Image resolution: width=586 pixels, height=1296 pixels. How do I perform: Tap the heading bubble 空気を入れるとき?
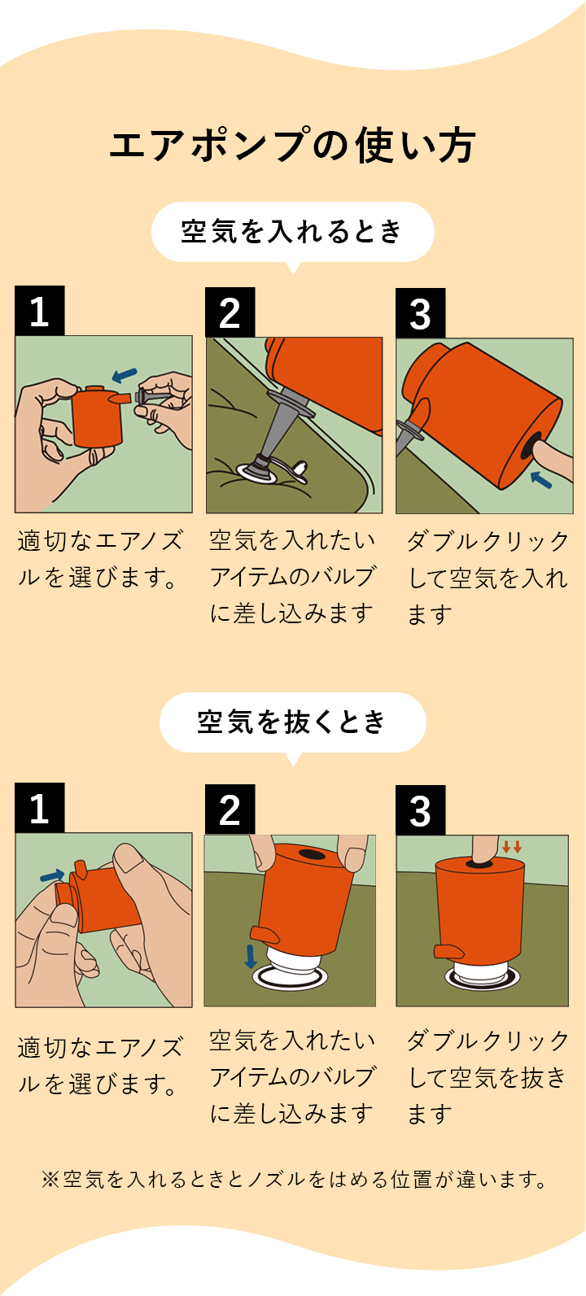tap(292, 232)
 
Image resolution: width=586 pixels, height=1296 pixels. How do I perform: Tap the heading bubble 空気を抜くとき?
tap(292, 722)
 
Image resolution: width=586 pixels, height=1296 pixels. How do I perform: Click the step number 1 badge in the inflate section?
tap(39, 312)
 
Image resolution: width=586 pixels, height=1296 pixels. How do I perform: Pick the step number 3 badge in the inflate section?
tap(420, 313)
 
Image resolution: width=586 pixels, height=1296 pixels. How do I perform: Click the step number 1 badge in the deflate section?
tap(39, 809)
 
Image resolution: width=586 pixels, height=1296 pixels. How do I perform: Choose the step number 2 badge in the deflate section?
tap(230, 809)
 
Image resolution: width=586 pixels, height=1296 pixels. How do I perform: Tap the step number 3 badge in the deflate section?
tap(420, 810)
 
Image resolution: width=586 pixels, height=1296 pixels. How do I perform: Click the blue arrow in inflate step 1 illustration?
tap(125, 375)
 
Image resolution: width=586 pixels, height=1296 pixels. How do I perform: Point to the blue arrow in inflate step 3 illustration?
tap(540, 479)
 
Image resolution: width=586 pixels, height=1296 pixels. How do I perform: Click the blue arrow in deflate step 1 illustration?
tap(52, 875)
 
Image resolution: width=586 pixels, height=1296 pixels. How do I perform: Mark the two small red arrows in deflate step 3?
tap(512, 847)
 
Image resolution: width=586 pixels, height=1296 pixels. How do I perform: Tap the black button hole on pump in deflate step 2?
tap(310, 855)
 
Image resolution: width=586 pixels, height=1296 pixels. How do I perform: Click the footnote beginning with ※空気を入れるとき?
tap(294, 1179)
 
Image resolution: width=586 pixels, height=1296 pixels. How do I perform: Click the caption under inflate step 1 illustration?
tap(100, 559)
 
